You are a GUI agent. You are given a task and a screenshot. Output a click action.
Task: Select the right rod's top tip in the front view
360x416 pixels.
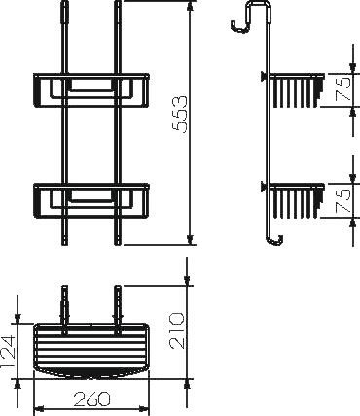tap(118, 8)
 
